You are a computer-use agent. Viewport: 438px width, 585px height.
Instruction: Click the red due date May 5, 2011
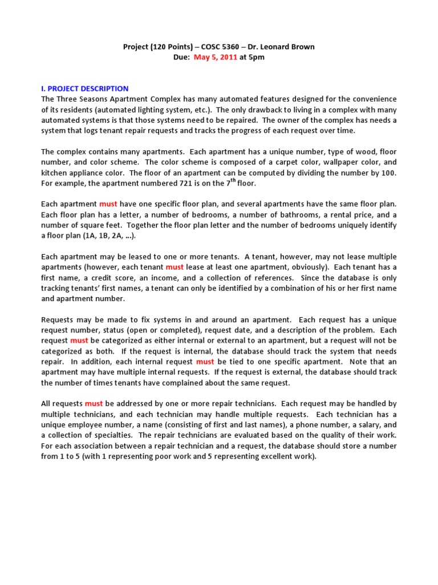(x=217, y=57)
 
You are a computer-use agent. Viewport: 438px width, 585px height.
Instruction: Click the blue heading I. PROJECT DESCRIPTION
(x=85, y=89)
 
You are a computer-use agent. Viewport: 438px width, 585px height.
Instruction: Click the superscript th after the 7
(x=233, y=181)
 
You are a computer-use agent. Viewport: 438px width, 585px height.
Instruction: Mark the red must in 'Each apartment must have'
(x=108, y=204)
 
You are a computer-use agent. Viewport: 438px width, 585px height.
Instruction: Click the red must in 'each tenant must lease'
(x=175, y=267)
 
